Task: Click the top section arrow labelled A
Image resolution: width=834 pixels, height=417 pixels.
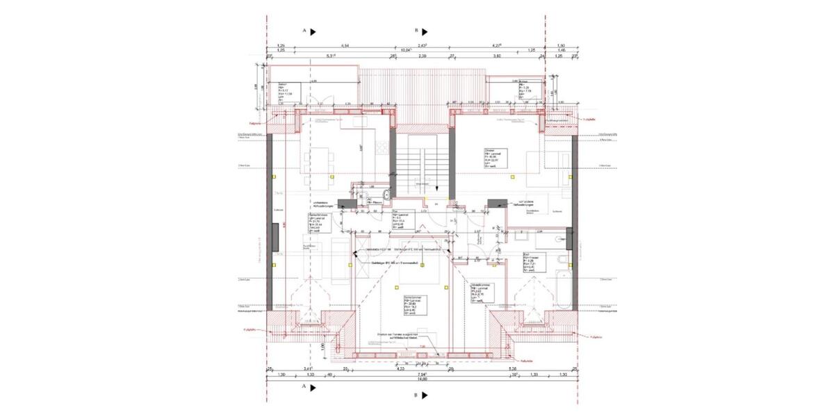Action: (313, 31)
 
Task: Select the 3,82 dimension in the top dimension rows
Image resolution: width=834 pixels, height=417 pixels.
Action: (497, 56)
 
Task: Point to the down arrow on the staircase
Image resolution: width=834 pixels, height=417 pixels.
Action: (435, 188)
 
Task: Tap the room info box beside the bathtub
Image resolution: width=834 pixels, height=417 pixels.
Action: (532, 263)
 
